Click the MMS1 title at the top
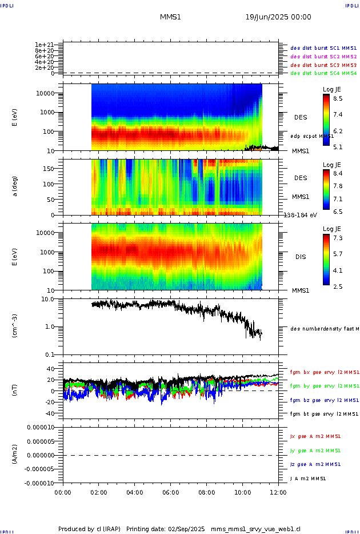click(170, 17)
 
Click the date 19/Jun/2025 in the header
click(278, 17)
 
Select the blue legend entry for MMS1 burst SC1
click(323, 48)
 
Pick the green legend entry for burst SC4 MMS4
click(323, 73)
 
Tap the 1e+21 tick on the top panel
click(44, 45)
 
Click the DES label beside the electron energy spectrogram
click(301, 117)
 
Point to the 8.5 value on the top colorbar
click(338, 98)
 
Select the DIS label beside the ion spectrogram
click(301, 257)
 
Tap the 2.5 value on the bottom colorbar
click(338, 286)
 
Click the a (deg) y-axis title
click(15, 186)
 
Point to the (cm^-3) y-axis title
click(15, 326)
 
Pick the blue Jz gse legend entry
click(316, 464)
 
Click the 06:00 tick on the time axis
click(170, 492)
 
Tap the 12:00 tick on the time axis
click(278, 492)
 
